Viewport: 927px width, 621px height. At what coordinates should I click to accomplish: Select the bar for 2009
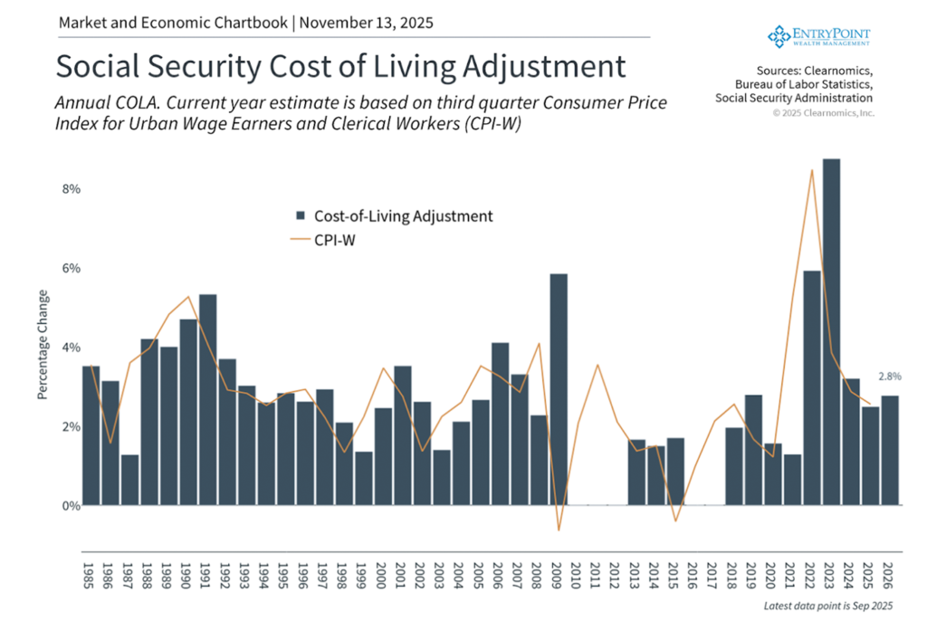[x=559, y=389]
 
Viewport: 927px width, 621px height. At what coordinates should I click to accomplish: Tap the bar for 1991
[x=207, y=399]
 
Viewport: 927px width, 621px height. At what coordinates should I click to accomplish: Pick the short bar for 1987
[x=129, y=480]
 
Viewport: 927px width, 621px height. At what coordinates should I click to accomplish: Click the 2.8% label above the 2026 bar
[x=889, y=376]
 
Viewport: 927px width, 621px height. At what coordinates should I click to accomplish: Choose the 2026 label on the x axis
[x=890, y=576]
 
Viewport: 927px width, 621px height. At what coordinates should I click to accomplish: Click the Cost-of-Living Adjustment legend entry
[x=394, y=215]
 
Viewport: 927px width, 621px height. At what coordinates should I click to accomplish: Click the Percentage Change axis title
[x=42, y=345]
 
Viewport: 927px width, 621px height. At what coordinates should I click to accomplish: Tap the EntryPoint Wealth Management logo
[x=818, y=35]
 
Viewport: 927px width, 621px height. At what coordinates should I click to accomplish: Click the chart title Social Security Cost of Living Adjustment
[x=340, y=67]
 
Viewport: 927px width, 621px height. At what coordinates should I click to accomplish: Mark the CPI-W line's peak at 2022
[x=812, y=170]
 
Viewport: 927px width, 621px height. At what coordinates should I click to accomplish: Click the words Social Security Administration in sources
[x=794, y=98]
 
